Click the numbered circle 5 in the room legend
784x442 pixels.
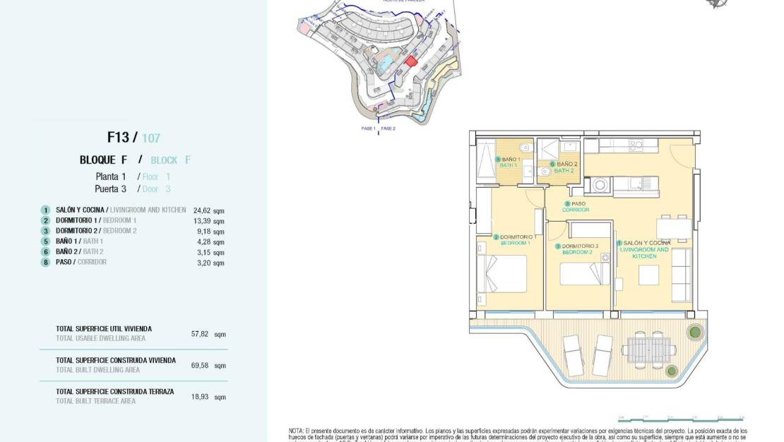point(45,241)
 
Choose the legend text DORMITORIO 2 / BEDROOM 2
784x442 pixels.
point(96,231)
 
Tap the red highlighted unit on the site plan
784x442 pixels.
point(410,62)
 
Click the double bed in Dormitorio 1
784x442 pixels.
point(503,273)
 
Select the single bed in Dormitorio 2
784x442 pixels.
point(585,274)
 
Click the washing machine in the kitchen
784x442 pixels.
point(600,185)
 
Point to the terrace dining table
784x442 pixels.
point(648,349)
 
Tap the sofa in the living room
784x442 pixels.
point(682,274)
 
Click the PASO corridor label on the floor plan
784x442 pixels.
point(578,206)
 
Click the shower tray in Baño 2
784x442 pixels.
point(547,150)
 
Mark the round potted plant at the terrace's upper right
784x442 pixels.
point(695,330)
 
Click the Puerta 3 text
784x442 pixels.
point(110,189)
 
